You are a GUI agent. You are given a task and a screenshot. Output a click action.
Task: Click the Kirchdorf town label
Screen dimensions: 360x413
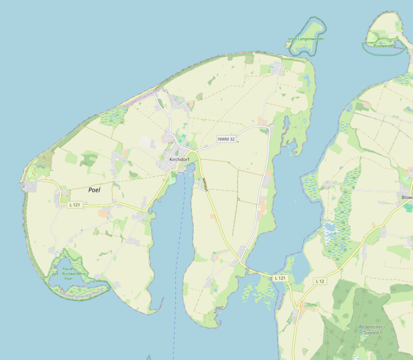(x=179, y=159)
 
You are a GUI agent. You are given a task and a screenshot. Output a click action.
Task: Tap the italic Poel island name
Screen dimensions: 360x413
(x=94, y=190)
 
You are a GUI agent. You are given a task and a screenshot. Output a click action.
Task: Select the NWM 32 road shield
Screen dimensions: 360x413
(x=226, y=139)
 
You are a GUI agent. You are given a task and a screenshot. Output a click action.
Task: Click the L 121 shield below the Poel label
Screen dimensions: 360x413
(x=74, y=205)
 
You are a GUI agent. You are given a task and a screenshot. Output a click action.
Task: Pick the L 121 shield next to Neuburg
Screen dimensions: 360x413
(x=280, y=278)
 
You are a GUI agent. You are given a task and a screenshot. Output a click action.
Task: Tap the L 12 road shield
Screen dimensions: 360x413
(x=319, y=281)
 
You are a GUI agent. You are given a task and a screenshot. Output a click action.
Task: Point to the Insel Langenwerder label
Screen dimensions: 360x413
(x=306, y=39)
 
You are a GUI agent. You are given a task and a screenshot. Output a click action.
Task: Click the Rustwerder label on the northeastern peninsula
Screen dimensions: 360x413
(x=383, y=46)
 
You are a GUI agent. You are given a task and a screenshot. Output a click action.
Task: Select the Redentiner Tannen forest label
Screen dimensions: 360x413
(x=375, y=330)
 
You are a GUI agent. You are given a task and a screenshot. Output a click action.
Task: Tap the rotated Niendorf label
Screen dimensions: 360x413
(x=205, y=185)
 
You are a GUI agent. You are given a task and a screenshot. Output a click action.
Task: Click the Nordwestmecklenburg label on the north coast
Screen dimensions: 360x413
(x=143, y=98)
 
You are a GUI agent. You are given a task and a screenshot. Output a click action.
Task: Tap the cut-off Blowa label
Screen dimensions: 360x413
(x=406, y=197)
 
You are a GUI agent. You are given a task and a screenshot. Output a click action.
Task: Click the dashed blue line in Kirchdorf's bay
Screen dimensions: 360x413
(x=178, y=252)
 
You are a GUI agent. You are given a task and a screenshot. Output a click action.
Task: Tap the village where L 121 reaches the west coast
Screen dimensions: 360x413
(x=29, y=187)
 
